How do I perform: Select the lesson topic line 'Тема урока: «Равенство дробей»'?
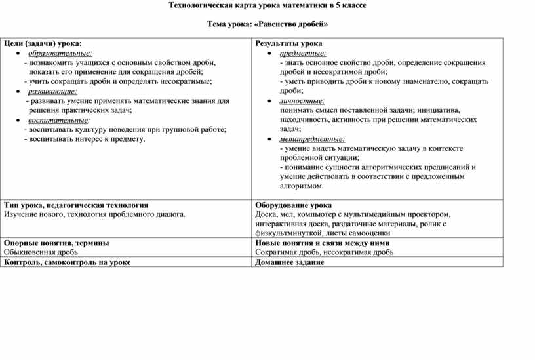[x=267, y=24]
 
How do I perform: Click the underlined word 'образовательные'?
[x=60, y=52]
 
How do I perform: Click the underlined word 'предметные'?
[x=303, y=52]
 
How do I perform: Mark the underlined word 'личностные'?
[x=302, y=101]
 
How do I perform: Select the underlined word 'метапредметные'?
[x=312, y=140]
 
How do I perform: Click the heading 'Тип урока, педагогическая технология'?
[x=76, y=205]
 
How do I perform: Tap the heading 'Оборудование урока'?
[x=293, y=205]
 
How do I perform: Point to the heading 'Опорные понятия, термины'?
[x=56, y=243]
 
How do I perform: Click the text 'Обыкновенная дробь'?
[x=41, y=252]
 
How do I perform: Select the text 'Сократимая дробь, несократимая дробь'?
[x=325, y=252]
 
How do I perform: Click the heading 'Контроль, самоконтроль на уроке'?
[x=67, y=262]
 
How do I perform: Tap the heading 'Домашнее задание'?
[x=289, y=262]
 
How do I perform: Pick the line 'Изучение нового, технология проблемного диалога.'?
[x=94, y=214]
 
